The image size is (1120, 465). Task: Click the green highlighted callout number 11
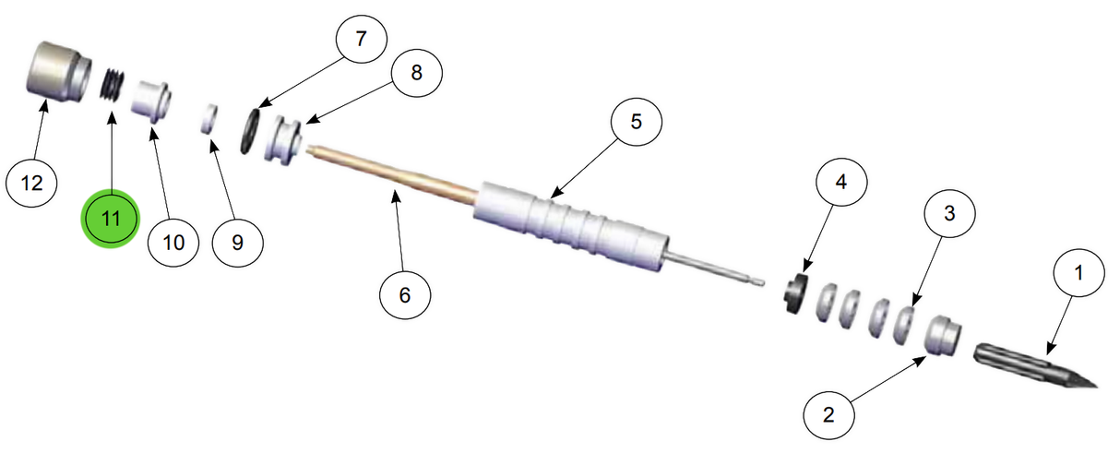click(111, 221)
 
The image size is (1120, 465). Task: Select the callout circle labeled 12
click(32, 184)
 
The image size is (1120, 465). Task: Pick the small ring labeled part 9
click(210, 119)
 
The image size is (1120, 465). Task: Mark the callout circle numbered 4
click(840, 184)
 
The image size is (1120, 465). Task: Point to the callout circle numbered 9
click(237, 243)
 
